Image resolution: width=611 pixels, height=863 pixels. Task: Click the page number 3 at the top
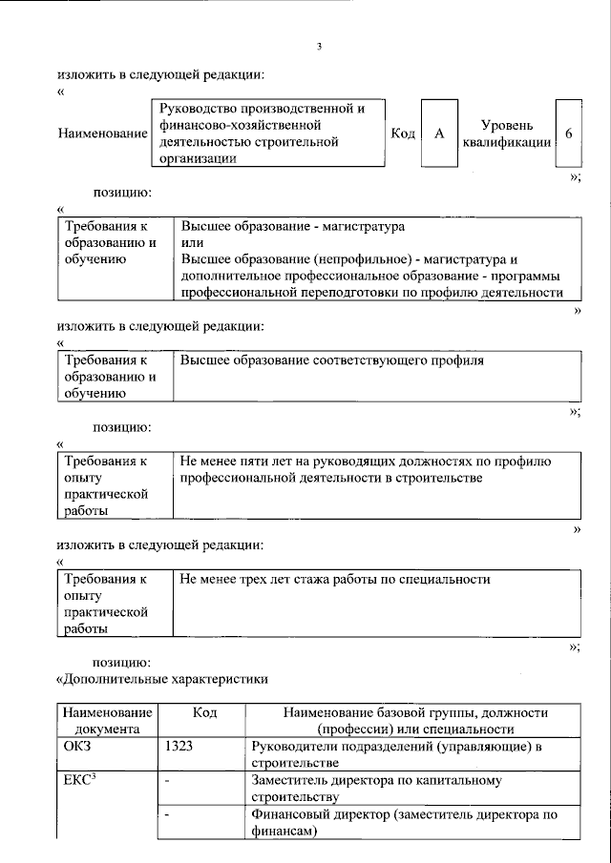319,47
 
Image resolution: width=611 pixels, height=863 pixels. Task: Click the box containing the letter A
439,134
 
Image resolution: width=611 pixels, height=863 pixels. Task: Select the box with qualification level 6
568,134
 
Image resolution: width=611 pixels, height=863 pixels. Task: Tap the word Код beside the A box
403,134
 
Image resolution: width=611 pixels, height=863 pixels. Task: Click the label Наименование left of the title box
103,134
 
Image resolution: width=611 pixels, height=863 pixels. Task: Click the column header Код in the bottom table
204,712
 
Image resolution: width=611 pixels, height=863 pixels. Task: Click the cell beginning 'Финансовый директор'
403,822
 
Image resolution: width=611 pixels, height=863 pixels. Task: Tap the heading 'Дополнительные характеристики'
162,679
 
